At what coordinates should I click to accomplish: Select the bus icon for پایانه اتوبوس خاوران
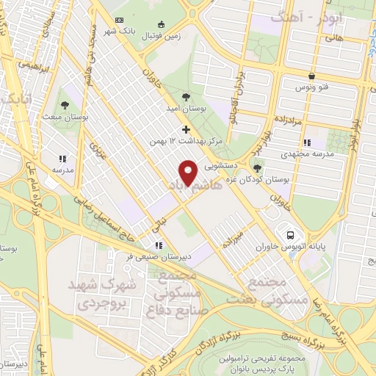point(291,235)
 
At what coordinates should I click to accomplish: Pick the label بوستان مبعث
point(64,115)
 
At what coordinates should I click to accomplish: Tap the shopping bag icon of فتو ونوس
point(311,76)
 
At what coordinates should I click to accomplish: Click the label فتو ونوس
point(311,87)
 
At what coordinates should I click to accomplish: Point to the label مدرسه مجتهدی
point(306,154)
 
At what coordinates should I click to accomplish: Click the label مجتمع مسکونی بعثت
point(272,292)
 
